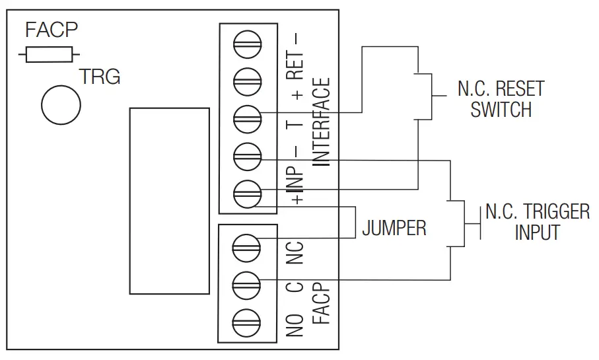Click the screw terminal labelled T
point(248,120)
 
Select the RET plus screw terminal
point(248,82)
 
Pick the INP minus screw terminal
point(248,157)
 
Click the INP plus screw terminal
point(248,194)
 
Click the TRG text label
point(100,77)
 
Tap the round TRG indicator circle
point(61,104)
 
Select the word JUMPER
point(394,229)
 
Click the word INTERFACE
point(321,122)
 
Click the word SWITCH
point(501,110)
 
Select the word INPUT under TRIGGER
point(537,233)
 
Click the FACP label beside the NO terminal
point(321,304)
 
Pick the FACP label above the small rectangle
point(52,30)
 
